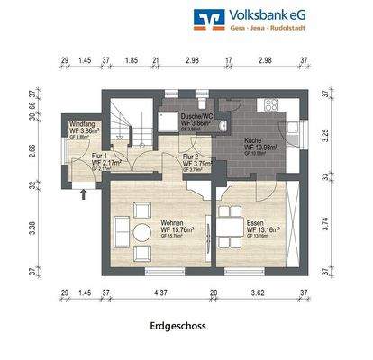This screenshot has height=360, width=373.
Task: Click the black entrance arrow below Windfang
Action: pyautogui.click(x=83, y=190)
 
